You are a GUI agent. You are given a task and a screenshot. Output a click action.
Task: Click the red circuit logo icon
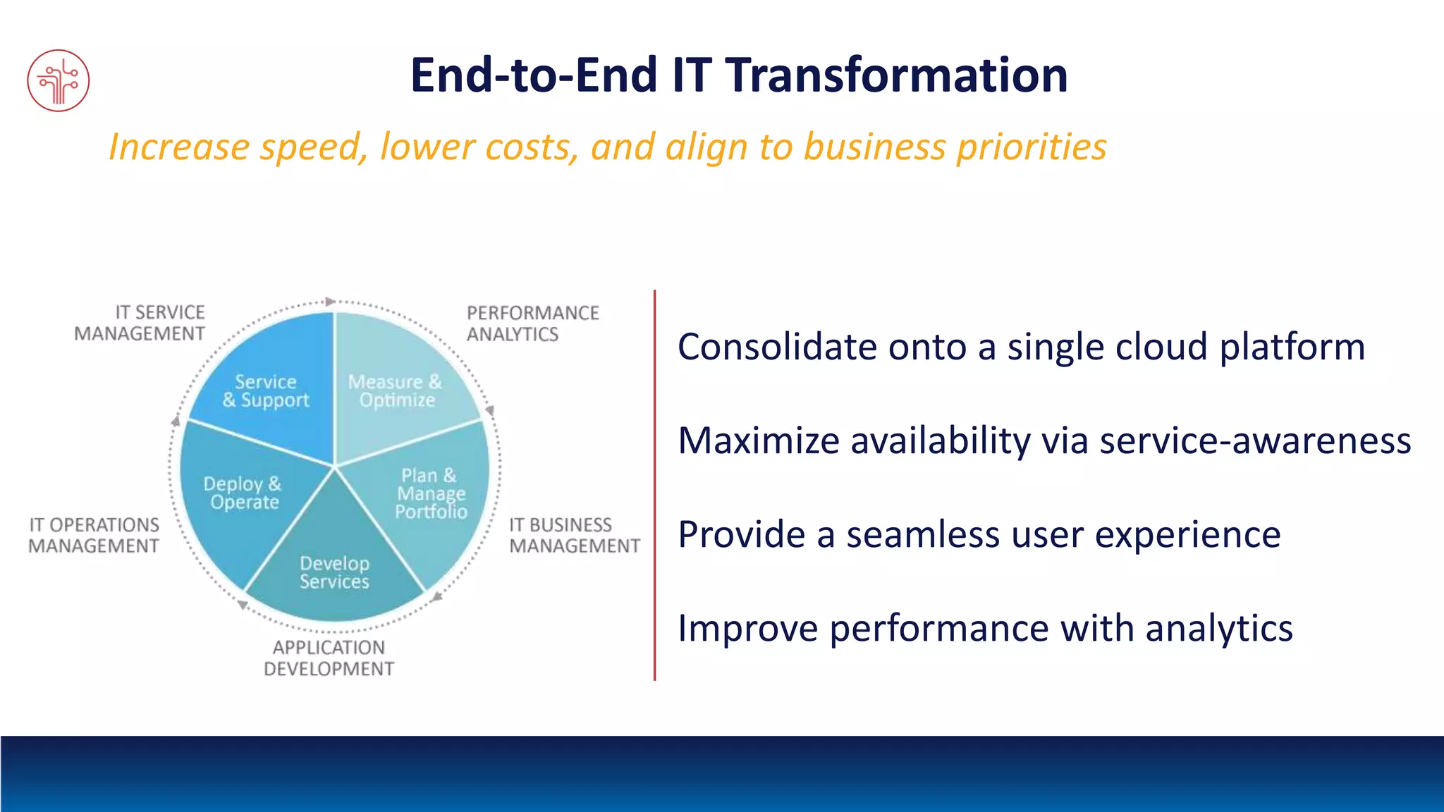(x=59, y=80)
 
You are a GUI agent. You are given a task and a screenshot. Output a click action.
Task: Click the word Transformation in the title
(x=897, y=75)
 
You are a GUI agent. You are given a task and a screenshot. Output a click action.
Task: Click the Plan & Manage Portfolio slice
(x=431, y=494)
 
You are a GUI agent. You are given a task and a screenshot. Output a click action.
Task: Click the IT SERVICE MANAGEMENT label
(x=140, y=323)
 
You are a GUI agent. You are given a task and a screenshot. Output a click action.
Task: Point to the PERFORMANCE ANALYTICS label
(x=532, y=324)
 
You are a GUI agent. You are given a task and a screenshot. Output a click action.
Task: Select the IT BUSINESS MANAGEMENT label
(x=574, y=536)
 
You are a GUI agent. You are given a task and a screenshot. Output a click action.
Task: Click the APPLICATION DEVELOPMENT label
(x=329, y=658)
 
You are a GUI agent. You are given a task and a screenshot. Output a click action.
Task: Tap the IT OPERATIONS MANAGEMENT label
(x=94, y=536)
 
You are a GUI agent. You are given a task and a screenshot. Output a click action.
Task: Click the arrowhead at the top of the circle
(x=330, y=302)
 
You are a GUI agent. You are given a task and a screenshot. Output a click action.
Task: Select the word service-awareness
(x=1255, y=441)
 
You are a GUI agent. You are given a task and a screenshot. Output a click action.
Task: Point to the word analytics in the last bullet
(x=1218, y=628)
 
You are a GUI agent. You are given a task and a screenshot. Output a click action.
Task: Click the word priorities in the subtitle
(x=1031, y=147)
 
